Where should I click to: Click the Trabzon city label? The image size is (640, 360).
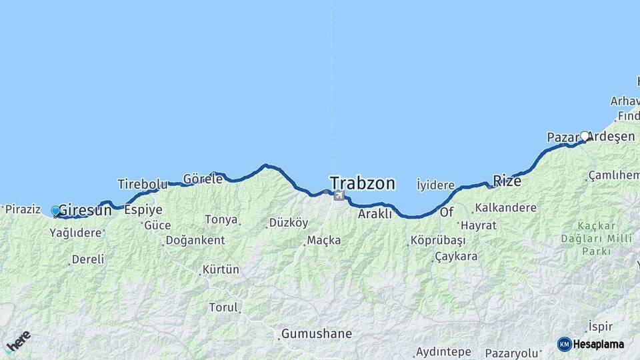(362, 183)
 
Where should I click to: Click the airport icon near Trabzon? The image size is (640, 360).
(339, 195)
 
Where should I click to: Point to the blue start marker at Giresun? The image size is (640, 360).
(56, 211)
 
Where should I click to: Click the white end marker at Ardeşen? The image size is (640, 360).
(585, 136)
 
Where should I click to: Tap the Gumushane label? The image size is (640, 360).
(316, 333)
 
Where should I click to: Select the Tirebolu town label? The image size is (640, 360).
(141, 183)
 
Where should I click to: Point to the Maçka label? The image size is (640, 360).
(324, 240)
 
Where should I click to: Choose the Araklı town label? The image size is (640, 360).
(375, 214)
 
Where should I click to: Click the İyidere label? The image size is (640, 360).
(435, 185)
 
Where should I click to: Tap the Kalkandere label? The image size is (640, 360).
(505, 208)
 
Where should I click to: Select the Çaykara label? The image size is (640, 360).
(456, 256)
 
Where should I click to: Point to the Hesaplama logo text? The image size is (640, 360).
(598, 344)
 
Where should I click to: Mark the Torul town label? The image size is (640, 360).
(223, 307)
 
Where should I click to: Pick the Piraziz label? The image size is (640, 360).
(23, 209)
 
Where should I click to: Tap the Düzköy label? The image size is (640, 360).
(288, 223)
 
